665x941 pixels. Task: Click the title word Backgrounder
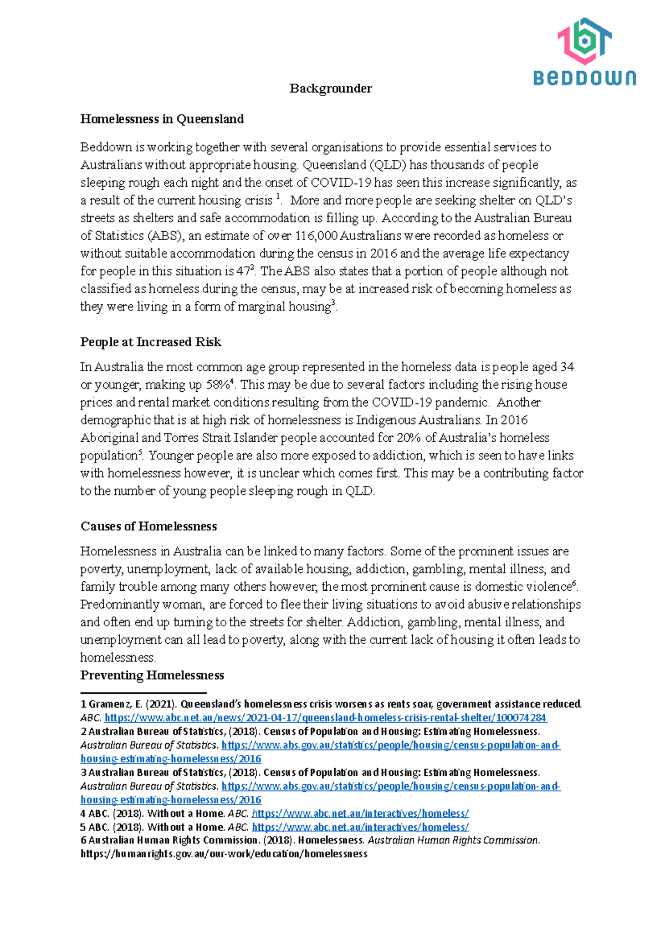(330, 89)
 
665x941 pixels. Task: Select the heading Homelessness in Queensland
(162, 119)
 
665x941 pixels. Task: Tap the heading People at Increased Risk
(150, 342)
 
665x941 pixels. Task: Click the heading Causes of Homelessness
(149, 526)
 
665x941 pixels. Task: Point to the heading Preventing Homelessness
(152, 676)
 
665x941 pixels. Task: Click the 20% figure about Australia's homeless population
(409, 438)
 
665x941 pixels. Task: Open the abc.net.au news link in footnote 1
(325, 718)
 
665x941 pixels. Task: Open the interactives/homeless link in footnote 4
(360, 814)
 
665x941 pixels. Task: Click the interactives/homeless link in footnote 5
(360, 827)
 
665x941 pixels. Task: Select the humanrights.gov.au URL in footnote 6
(224, 854)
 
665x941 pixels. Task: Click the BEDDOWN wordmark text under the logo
(585, 78)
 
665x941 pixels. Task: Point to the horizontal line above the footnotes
(143, 693)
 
